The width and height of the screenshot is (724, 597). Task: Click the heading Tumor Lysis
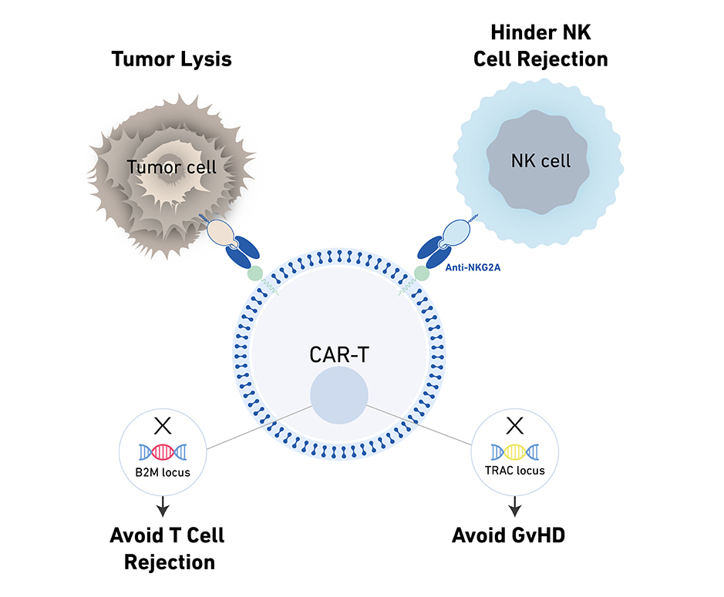171,59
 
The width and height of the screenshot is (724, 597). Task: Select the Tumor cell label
172,166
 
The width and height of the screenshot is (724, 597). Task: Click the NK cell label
540,161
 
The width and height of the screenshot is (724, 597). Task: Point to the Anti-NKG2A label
472,268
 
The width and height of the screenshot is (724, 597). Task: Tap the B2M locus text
162,472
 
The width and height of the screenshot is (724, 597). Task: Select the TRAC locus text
515,470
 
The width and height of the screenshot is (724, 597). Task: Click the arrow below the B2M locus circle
163,507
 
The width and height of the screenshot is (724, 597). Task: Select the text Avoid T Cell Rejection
167,548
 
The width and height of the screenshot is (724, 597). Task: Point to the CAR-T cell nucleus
339,396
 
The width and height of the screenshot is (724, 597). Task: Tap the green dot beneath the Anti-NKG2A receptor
422,273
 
